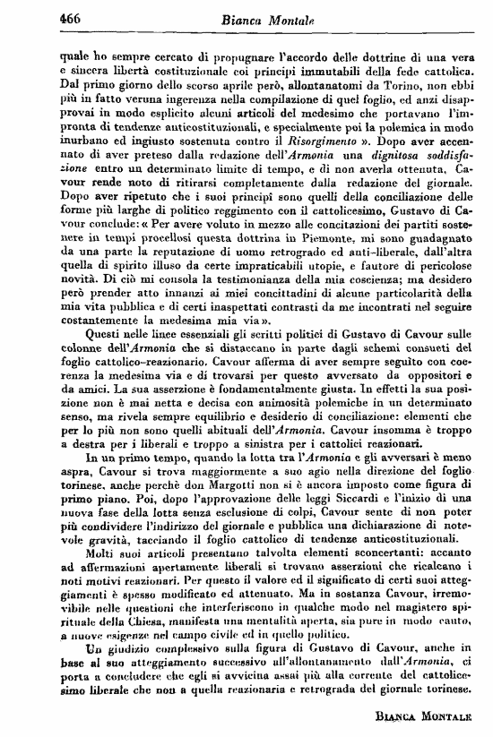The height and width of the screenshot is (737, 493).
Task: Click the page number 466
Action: click(47, 17)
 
